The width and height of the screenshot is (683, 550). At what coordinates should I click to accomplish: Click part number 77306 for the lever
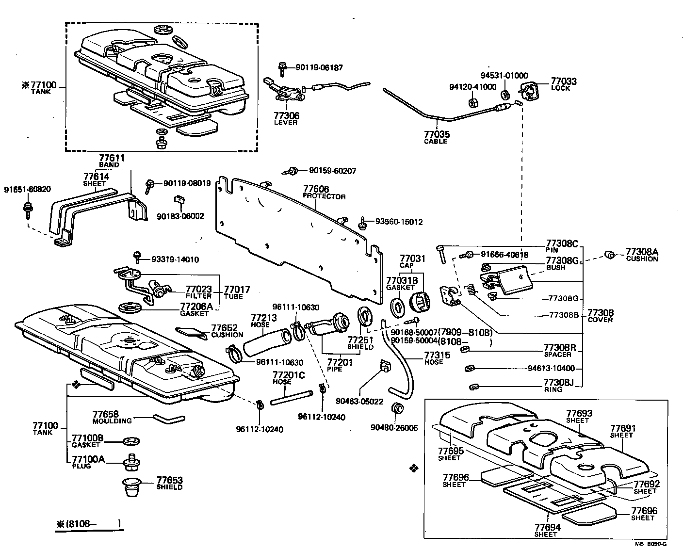286,116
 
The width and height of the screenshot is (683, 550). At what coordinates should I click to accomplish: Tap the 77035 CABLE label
437,137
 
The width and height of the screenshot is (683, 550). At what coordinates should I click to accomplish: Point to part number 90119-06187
319,68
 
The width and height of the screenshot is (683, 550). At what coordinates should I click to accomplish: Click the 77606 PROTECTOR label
324,192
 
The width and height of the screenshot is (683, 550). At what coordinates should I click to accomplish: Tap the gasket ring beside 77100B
130,441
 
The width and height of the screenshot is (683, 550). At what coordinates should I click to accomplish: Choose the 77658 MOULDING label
105,417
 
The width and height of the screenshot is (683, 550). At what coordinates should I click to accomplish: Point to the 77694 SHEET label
548,530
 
